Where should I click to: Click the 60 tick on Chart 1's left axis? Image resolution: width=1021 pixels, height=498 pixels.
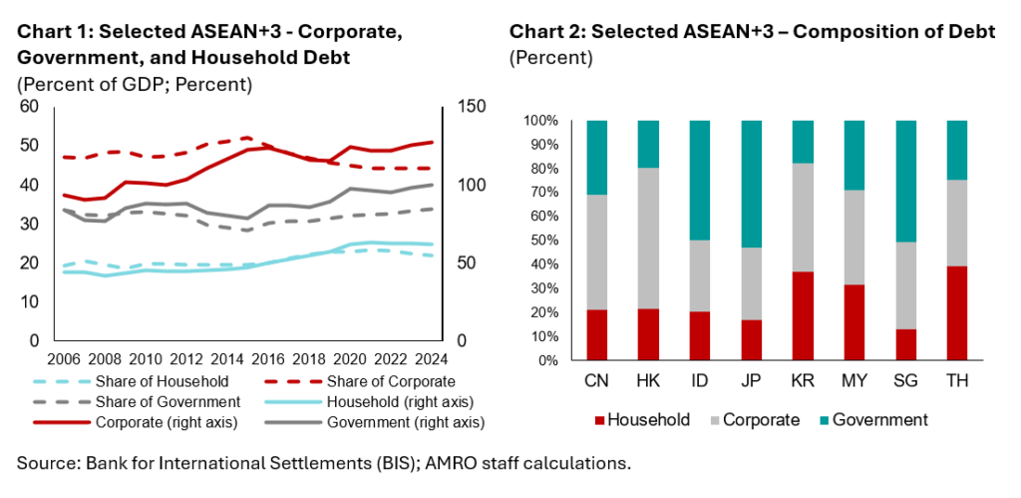[x=28, y=107]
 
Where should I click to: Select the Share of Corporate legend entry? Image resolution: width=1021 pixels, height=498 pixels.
[x=394, y=381]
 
